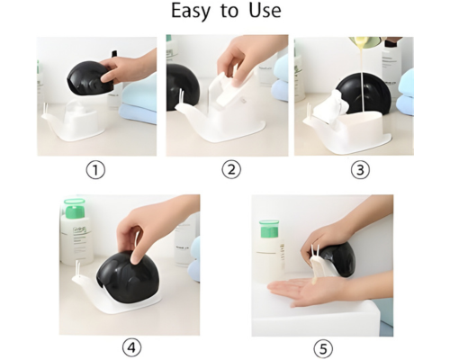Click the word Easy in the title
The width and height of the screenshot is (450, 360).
(190, 12)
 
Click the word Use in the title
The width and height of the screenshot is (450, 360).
(265, 10)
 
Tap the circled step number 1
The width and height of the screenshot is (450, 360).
(95, 170)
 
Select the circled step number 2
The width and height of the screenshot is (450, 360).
(231, 169)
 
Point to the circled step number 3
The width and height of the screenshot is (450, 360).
(360, 170)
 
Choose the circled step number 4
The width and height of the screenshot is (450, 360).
(131, 348)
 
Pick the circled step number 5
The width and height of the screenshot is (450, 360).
(323, 348)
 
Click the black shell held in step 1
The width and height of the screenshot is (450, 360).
(89, 76)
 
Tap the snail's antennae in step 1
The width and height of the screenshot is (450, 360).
(46, 108)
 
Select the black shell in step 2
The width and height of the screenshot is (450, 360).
(182, 87)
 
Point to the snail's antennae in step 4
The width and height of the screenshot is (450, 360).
(77, 267)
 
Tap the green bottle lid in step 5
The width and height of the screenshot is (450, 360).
(269, 229)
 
